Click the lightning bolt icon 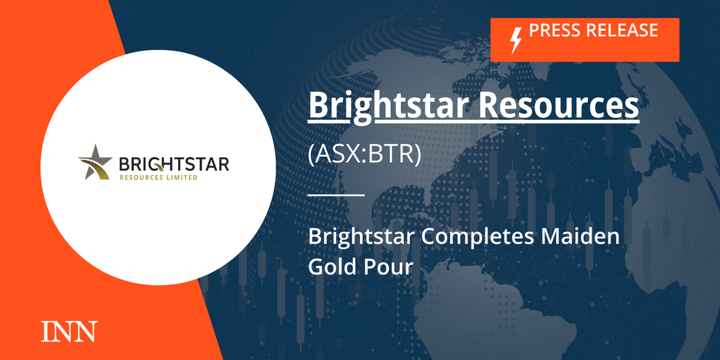pos(516,41)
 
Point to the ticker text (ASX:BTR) pos(365,154)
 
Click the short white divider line pos(336,195)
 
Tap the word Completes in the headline pos(478,236)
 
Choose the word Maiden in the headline pos(580,236)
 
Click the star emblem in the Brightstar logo pos(95,163)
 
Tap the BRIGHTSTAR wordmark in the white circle pos(174,164)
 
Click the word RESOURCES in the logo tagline pos(142,178)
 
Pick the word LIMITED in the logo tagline pos(182,178)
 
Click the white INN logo pos(69,331)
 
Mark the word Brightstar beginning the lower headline pos(361,237)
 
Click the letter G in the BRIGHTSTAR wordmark pos(157,164)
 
